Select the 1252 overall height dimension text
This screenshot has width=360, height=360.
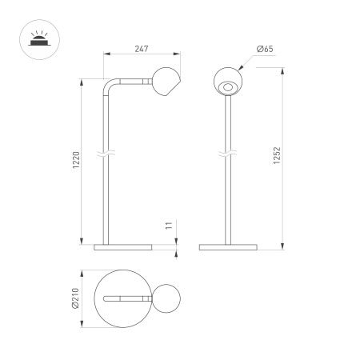click(x=276, y=156)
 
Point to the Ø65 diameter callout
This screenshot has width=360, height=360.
click(x=264, y=50)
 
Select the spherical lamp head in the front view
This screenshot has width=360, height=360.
click(x=228, y=82)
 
